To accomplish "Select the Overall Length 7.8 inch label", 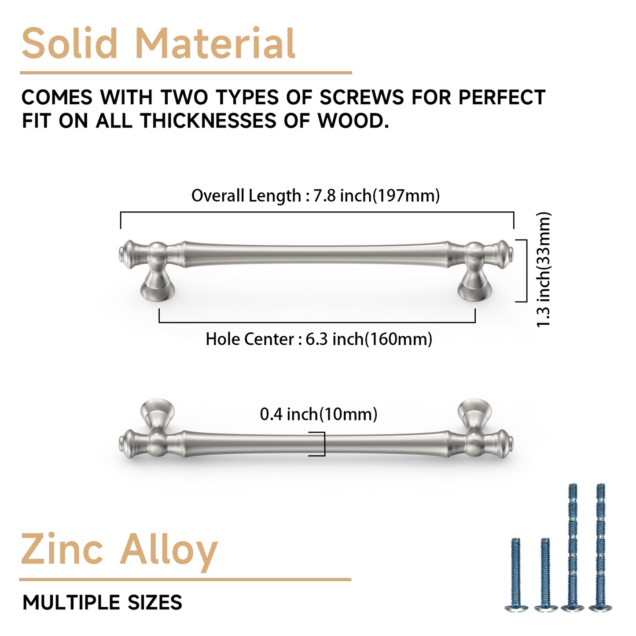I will coord(315,195).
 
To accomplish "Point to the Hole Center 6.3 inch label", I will coord(319,339).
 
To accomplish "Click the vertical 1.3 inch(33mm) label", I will coord(544,269).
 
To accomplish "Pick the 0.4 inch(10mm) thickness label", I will coord(319,414).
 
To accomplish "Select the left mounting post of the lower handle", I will coord(157,414).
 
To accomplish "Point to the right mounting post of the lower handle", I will coord(474,414).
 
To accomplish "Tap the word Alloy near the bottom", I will coord(169,550).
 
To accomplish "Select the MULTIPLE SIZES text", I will coord(102,603).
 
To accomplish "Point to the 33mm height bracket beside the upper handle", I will coord(525,271).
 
